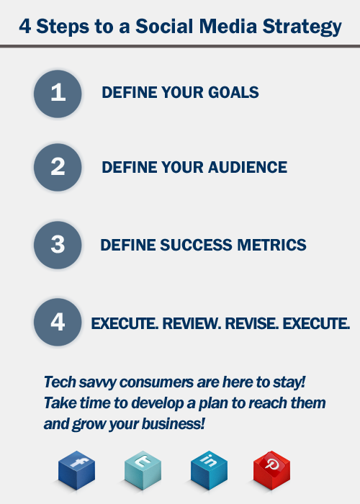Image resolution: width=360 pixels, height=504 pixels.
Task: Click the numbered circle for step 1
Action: coord(58,94)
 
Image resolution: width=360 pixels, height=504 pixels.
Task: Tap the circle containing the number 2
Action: coord(58,167)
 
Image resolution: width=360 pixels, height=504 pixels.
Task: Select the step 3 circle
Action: coord(58,245)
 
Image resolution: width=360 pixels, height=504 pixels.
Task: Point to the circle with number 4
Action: coord(58,322)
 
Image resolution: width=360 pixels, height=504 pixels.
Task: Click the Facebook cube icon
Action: coord(77,470)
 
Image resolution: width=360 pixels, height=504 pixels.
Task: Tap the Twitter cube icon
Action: coord(143,470)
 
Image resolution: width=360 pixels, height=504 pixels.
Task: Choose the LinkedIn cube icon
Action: coord(209,470)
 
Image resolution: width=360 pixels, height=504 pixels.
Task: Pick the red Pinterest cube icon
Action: coord(271,470)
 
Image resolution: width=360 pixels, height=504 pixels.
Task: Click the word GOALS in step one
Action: coord(233,93)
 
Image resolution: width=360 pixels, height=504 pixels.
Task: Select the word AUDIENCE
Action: coord(248,167)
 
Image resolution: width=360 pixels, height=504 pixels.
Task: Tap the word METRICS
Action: coord(271,245)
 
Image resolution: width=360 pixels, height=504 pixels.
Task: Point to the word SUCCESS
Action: coord(196,245)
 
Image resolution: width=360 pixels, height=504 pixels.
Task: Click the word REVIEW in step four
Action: coord(192,323)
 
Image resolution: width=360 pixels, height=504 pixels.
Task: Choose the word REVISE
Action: coord(252,323)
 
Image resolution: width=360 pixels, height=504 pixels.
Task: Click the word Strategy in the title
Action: coord(302,27)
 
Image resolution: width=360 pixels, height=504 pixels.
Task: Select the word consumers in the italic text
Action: coord(156,382)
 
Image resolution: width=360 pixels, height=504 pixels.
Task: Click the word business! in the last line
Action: coord(174,423)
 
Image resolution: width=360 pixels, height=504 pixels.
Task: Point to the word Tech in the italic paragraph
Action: coord(60,382)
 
